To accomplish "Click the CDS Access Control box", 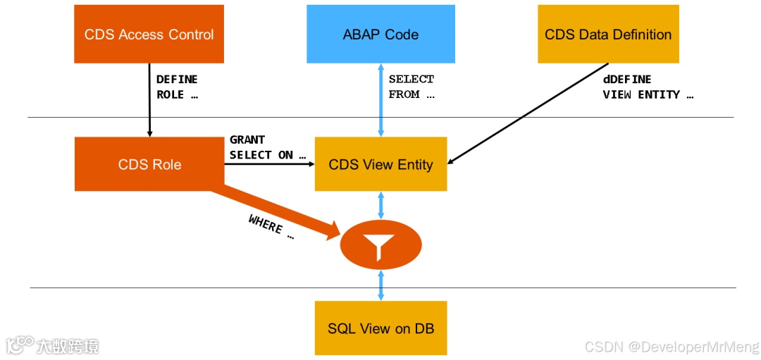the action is click(x=149, y=34).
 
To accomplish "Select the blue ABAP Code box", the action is click(x=380, y=34).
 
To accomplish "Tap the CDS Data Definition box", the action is click(x=608, y=34).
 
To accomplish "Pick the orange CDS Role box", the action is click(x=149, y=164).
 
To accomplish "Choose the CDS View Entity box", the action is click(x=380, y=164).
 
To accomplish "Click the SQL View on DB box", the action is click(x=380, y=328).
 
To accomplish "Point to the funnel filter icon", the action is click(x=381, y=246).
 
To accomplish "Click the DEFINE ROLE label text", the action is click(x=177, y=87).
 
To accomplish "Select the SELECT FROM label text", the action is click(x=412, y=87).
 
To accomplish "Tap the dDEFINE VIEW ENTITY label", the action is click(x=648, y=87).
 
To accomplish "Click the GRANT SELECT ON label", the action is click(x=268, y=147).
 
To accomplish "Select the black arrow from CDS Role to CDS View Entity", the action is click(x=269, y=164).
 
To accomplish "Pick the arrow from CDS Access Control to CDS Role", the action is click(x=149, y=100).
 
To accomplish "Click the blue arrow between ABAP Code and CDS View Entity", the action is click(x=381, y=100).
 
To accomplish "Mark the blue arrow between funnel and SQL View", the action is click(x=381, y=285).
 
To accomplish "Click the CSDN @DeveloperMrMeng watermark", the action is click(x=672, y=347).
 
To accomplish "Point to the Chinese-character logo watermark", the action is click(x=53, y=346).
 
